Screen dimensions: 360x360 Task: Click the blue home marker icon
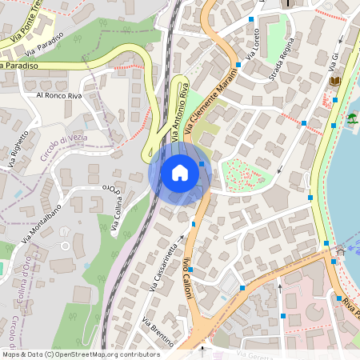coord(180,173)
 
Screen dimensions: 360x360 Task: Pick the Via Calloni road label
coord(189,279)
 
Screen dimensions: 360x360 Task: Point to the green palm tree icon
coord(351,118)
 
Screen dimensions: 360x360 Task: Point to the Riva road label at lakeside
coord(350,307)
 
